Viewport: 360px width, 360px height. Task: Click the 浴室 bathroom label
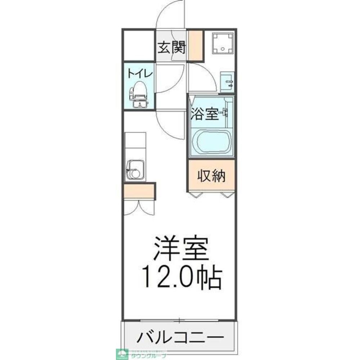coord(204,114)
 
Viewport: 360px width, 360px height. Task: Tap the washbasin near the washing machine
coord(227,82)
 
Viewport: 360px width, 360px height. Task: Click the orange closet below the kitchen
coord(139,191)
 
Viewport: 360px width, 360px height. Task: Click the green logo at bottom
coord(121,354)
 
